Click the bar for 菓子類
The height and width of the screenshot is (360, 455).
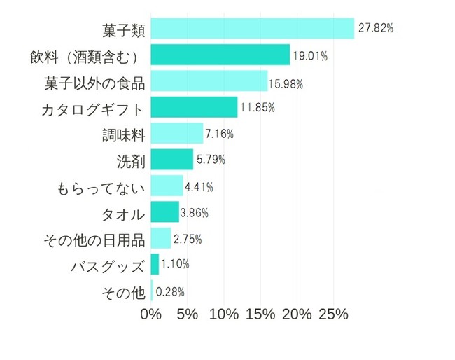click(252, 29)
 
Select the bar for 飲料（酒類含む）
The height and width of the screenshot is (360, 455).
click(220, 55)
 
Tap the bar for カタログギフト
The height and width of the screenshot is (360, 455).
click(194, 108)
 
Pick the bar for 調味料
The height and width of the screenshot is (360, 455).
click(176, 134)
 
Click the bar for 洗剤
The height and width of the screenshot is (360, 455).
click(171, 160)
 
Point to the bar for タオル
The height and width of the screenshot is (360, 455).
click(164, 212)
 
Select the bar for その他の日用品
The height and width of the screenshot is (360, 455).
click(160, 239)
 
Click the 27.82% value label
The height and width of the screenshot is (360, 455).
click(376, 29)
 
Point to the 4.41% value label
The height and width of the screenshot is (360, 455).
click(199, 187)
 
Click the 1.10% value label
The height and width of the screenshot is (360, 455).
click(175, 264)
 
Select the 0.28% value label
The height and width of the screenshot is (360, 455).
click(169, 291)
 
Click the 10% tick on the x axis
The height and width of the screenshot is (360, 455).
click(224, 314)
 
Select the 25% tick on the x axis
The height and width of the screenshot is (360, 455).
click(334, 314)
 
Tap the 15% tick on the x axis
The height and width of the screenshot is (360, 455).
click(260, 314)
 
